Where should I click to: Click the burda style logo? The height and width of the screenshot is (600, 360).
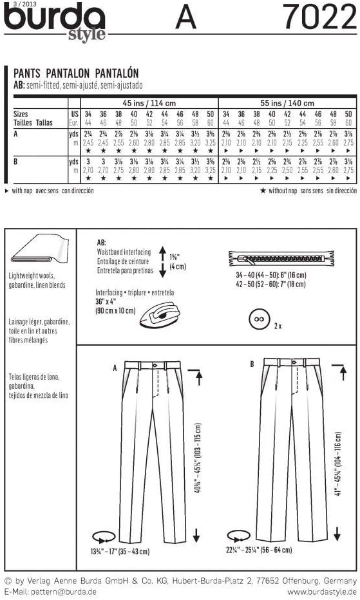[x=54, y=23]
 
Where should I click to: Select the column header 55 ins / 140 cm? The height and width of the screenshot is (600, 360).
[x=287, y=103]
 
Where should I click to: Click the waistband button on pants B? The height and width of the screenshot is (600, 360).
[x=296, y=365]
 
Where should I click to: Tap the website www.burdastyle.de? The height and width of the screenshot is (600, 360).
[x=321, y=591]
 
